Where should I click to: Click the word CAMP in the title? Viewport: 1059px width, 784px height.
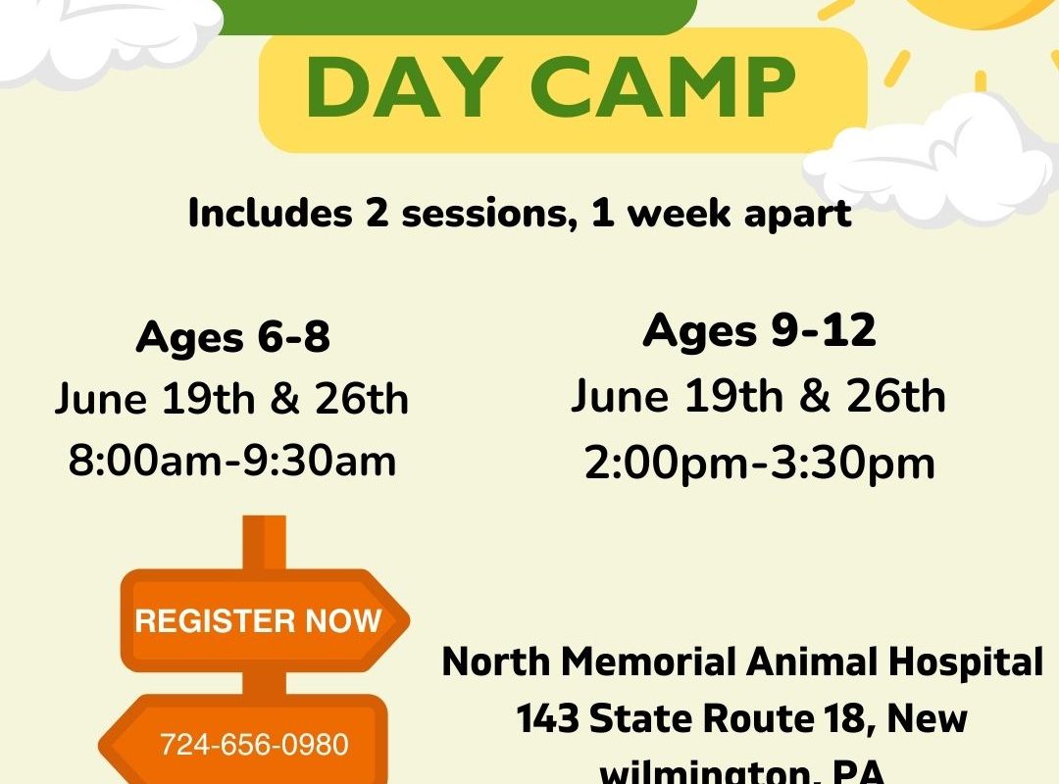663,88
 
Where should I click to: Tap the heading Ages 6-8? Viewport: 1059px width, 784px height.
233,336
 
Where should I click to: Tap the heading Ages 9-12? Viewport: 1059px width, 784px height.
759,330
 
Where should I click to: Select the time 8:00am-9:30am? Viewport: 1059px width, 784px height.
232,462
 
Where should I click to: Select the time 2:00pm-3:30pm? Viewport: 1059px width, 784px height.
760,464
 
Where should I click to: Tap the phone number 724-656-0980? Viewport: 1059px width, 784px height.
254,744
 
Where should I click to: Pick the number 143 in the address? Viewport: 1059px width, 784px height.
548,717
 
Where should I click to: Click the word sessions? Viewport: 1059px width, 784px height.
485,214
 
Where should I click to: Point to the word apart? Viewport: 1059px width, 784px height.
797,215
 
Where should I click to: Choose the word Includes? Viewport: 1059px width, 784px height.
271,213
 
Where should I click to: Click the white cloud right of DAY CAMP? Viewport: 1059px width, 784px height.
930,160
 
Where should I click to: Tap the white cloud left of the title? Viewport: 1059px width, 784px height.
108,37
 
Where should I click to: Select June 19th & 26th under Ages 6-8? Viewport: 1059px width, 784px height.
232,399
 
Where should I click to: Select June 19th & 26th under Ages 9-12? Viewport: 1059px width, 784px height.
758,396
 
